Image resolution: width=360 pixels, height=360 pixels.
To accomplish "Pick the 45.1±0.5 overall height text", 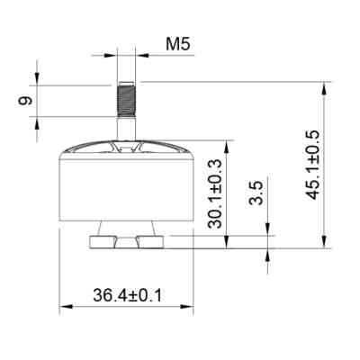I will click(312, 166).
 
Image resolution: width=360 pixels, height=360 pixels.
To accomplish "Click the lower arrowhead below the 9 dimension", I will click(37, 121).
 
